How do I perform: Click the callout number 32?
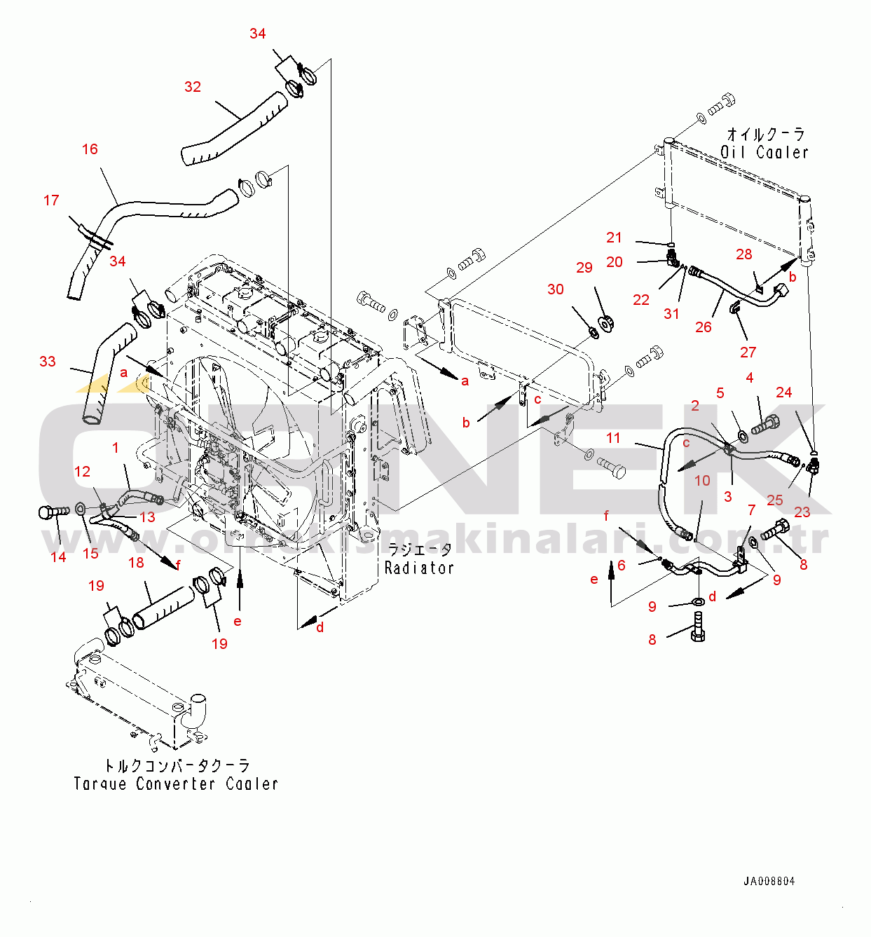(x=193, y=87)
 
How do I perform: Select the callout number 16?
(x=90, y=149)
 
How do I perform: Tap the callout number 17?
(x=51, y=200)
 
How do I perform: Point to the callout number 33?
(x=47, y=362)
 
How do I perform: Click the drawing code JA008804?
(x=769, y=882)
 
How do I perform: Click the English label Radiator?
(x=419, y=568)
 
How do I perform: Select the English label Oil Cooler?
(x=764, y=152)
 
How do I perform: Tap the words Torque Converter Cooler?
(x=176, y=784)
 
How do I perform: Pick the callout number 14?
(x=58, y=557)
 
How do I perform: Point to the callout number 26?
(x=704, y=327)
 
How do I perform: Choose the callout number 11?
(x=613, y=438)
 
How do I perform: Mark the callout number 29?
(x=584, y=268)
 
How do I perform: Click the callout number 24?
(x=784, y=392)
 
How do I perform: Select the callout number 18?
(x=136, y=562)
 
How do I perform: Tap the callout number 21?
(x=614, y=238)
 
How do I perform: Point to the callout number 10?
(x=702, y=481)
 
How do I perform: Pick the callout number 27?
(x=748, y=353)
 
